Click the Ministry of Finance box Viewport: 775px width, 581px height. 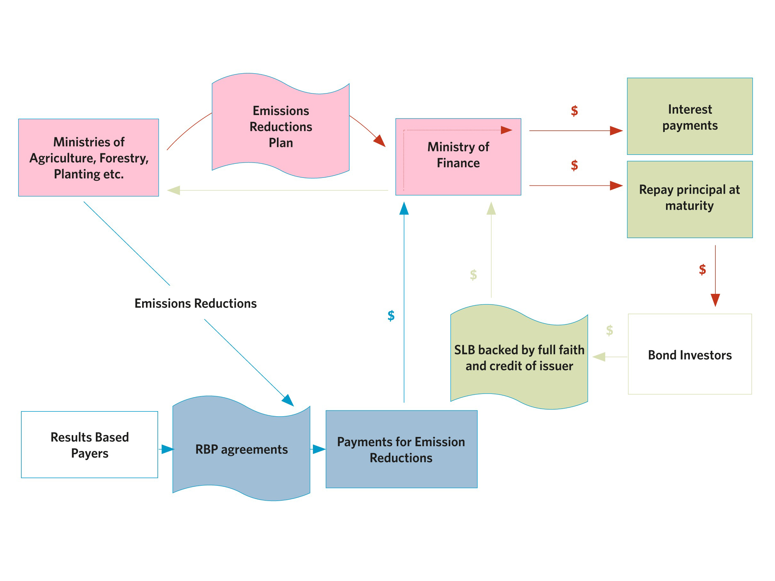[x=458, y=156]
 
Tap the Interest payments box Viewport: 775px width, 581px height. [x=690, y=116]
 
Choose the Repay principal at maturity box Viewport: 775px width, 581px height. [x=690, y=199]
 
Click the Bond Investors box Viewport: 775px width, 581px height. [x=690, y=355]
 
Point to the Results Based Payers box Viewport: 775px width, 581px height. [x=89, y=444]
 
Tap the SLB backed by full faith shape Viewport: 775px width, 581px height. [x=519, y=358]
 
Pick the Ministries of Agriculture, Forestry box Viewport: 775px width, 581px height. [x=88, y=158]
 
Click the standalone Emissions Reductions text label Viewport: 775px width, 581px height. [x=195, y=303]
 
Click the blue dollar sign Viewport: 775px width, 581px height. [x=391, y=316]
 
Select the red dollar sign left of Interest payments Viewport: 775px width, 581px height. [x=574, y=111]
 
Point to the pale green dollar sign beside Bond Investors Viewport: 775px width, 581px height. [x=609, y=330]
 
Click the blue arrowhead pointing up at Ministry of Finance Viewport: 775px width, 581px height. [x=404, y=208]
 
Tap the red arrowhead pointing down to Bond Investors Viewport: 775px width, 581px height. [x=715, y=300]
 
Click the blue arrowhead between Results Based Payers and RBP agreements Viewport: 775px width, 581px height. [x=168, y=449]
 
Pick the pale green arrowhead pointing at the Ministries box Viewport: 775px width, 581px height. [x=174, y=190]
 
